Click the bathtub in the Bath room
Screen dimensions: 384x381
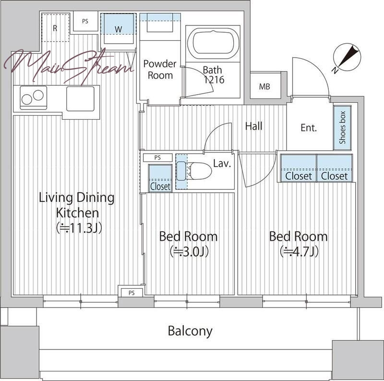[x=213, y=43]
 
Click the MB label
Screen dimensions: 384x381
[x=264, y=86]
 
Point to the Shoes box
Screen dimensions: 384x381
[x=342, y=127]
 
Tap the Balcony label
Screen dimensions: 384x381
[x=190, y=331]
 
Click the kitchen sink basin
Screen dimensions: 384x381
[x=80, y=99]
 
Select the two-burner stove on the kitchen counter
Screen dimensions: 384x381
[x=33, y=98]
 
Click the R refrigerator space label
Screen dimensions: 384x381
[x=55, y=28]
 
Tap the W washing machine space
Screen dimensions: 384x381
[x=118, y=29]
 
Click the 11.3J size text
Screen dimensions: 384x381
[x=79, y=228]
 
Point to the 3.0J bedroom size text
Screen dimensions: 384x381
[x=189, y=252]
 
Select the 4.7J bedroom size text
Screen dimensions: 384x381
[x=299, y=252]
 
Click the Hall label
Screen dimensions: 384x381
[x=254, y=126]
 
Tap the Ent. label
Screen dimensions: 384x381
[x=309, y=128]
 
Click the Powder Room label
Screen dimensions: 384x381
[x=160, y=69]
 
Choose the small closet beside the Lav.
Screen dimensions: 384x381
[x=160, y=178]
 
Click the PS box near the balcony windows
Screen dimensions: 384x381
[x=132, y=293]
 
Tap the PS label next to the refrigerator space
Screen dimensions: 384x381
[x=85, y=21]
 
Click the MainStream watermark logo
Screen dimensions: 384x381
[x=69, y=66]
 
